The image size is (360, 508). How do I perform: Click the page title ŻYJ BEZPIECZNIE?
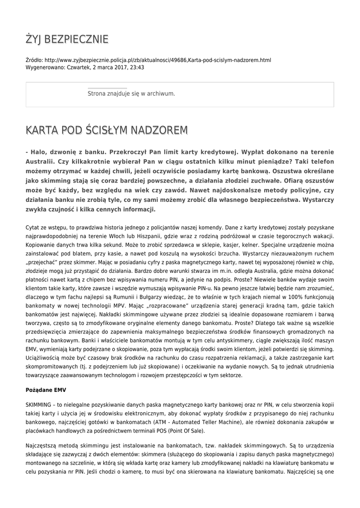click(x=67, y=39)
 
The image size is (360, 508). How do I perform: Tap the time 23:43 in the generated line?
click(x=137, y=67)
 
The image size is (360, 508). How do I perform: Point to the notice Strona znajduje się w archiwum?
click(x=131, y=93)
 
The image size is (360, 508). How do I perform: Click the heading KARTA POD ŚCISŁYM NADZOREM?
click(x=107, y=130)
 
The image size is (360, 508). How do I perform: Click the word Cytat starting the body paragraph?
click(x=34, y=227)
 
